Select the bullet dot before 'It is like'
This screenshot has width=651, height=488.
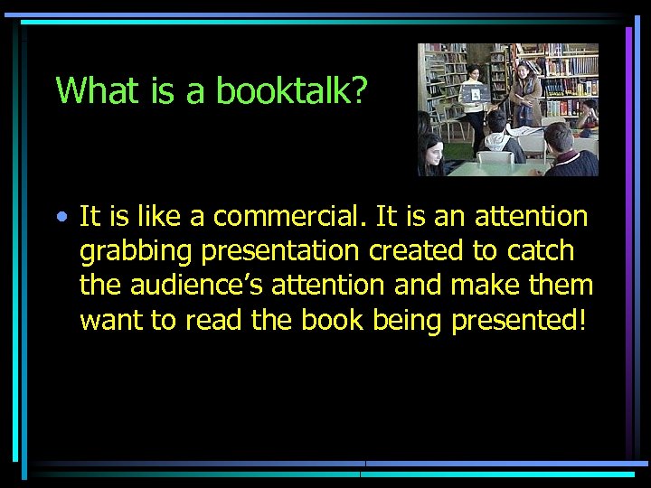click(x=60, y=218)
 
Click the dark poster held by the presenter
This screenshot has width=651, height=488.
click(x=476, y=94)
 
